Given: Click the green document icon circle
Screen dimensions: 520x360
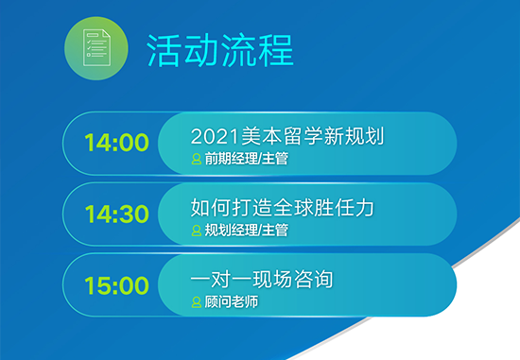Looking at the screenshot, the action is [96, 48].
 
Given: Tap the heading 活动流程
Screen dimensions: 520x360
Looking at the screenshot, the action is [220, 50].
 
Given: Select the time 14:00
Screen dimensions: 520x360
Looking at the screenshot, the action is [116, 143].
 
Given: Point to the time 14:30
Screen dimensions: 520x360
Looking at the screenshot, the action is [116, 214].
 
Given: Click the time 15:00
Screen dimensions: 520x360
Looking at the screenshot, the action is [116, 285].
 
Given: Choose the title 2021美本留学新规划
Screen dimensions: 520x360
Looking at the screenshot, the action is [287, 136].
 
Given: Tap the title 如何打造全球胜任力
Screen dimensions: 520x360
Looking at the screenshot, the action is [283, 208].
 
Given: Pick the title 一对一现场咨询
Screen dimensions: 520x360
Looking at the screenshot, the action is [262, 279].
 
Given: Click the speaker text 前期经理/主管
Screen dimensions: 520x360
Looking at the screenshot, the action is [246, 159].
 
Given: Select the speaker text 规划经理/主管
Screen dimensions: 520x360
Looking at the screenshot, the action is [246, 230].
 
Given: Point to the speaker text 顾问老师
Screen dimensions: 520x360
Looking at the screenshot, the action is [231, 301].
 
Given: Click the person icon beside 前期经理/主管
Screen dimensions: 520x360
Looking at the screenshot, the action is [197, 159].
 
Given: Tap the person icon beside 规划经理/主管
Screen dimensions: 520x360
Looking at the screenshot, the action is [197, 231].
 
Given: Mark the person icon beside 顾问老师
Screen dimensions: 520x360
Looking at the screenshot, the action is [197, 302].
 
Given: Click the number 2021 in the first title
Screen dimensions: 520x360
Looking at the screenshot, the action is [215, 136].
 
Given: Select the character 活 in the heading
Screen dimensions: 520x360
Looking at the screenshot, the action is [164, 50].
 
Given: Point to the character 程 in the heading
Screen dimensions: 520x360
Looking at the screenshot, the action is [276, 50].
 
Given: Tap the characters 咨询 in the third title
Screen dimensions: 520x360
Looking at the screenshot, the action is [313, 279].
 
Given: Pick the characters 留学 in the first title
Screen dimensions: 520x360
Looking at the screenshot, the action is [303, 136].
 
